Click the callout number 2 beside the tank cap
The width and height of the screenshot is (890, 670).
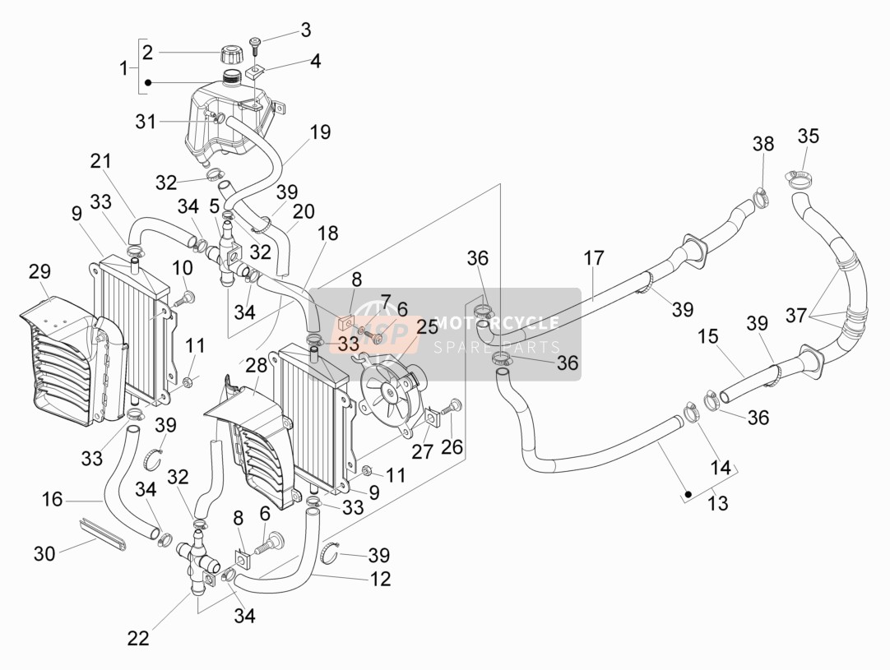coord(147,53)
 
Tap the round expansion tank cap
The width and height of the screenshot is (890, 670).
coord(231,56)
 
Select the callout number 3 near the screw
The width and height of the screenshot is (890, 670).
coord(306,30)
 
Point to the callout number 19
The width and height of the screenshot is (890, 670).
coord(321,132)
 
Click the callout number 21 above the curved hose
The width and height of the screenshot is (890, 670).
coord(101,161)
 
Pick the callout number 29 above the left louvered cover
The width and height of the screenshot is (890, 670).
coord(39,272)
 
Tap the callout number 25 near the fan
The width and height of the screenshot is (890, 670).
coord(428,326)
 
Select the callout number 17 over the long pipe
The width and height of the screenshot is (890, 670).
coord(594,258)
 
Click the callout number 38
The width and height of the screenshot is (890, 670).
coord(763,144)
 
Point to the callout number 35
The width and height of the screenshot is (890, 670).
coord(809,136)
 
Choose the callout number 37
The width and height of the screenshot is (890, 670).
coord(796,315)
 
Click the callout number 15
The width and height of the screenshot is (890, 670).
coord(708,336)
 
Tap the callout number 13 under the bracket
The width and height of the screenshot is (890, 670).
coord(718,502)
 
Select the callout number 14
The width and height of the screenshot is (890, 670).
coord(721,468)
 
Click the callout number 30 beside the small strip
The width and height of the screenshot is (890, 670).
coord(44,553)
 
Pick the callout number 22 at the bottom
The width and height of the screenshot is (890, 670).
coord(138,638)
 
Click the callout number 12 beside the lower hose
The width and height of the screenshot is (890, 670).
coord(380,579)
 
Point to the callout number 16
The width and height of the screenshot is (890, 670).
coord(52,500)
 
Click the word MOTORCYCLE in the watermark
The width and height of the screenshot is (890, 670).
coord(496,323)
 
